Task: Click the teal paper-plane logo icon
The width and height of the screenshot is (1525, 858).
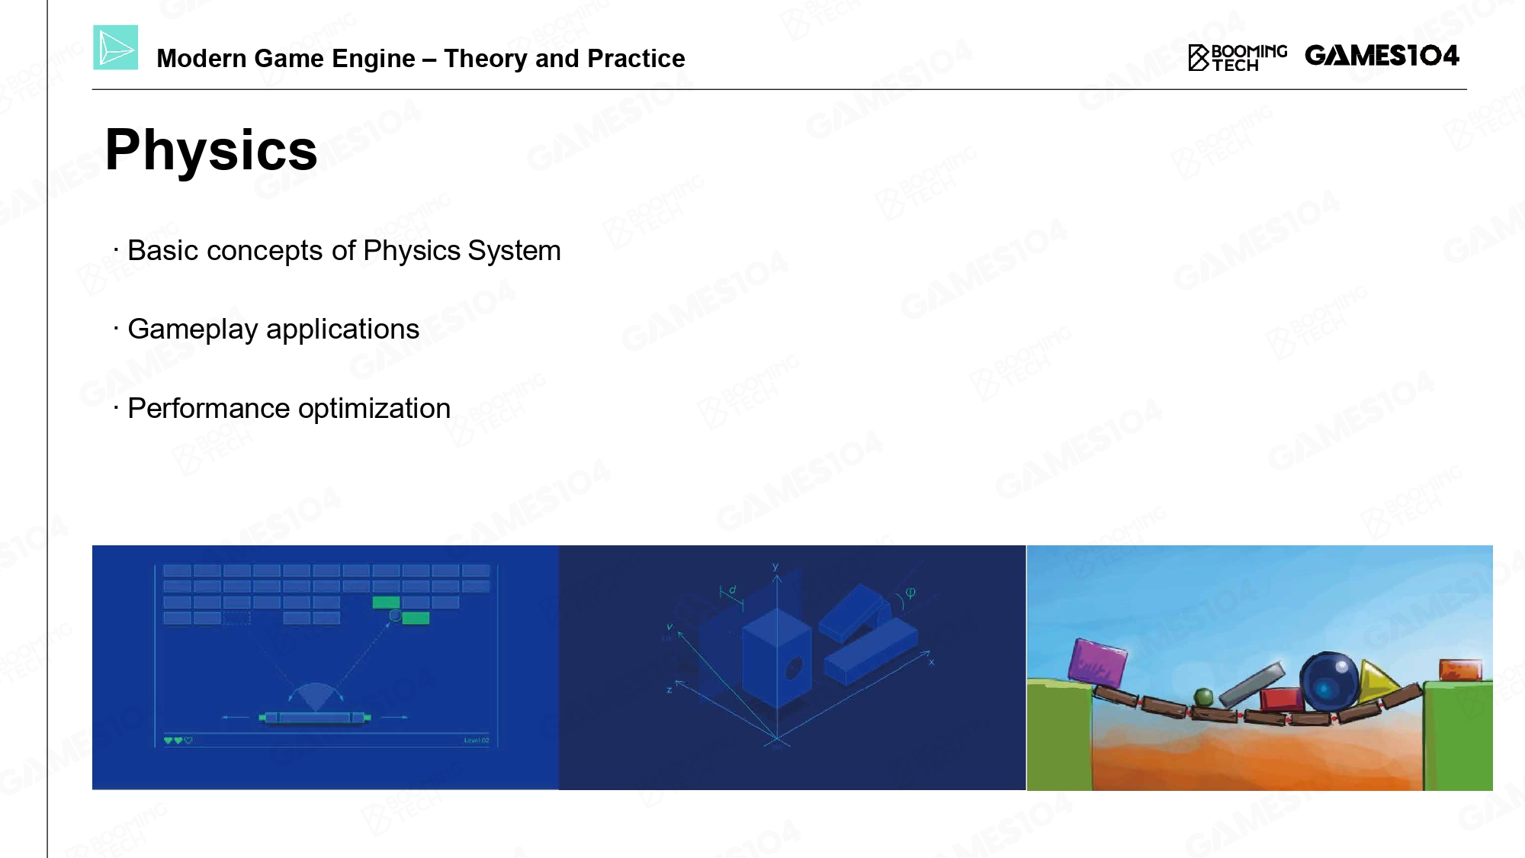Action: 116,47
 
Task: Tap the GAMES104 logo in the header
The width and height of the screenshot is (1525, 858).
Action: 1382,56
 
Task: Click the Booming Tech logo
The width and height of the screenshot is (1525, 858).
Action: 1238,58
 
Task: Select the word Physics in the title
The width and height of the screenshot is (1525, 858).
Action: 211,150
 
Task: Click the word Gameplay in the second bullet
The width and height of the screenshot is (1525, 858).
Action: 193,329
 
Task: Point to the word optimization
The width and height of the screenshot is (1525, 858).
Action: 374,409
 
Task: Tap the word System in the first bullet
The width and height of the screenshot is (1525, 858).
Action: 514,250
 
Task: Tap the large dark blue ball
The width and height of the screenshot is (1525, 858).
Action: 1329,681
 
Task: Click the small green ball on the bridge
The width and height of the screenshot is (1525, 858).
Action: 1203,697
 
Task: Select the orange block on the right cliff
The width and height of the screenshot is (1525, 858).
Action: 1460,670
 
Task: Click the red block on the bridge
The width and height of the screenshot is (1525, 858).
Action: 1282,699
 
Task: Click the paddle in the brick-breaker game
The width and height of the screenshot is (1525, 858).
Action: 315,717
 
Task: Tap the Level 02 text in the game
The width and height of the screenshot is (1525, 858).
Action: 477,741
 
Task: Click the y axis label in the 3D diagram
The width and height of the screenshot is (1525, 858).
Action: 775,567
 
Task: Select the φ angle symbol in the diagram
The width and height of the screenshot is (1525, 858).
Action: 910,593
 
